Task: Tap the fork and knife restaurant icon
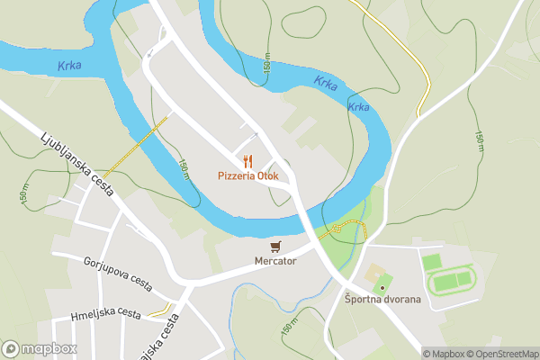247,161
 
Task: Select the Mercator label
275,262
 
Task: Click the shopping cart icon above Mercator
275,246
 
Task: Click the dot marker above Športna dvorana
382,287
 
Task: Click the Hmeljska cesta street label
106,314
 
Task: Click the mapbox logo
40,348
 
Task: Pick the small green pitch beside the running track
432,261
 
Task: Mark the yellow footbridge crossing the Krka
135,146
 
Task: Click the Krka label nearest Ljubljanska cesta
69,66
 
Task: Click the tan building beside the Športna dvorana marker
372,273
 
